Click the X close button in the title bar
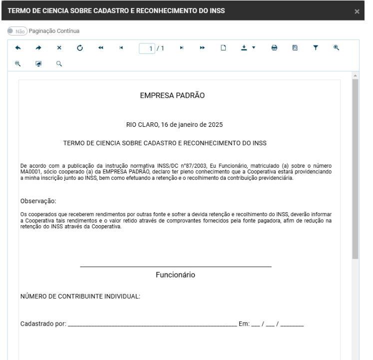364,11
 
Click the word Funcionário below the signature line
176,275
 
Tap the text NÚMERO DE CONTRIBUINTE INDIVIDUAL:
80,296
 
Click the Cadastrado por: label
43,324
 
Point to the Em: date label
244,324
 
